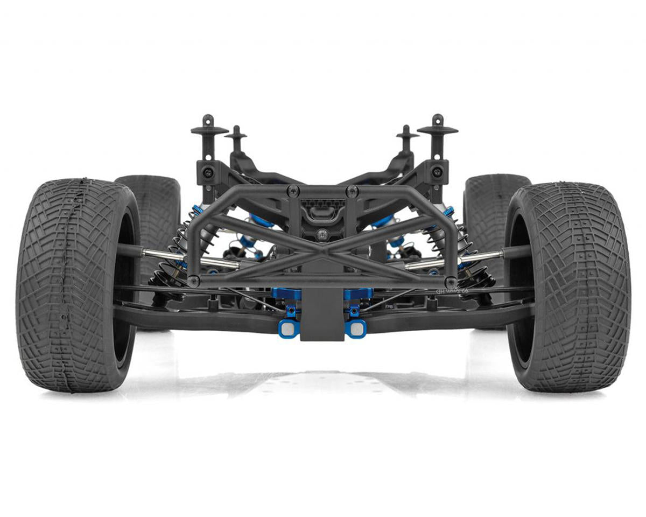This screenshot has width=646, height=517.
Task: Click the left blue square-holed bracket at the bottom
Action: (288, 327)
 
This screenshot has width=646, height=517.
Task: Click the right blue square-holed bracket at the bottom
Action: (356, 327)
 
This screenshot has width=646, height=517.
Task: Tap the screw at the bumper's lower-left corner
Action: (194, 281)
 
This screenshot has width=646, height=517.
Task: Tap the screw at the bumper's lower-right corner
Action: (451, 281)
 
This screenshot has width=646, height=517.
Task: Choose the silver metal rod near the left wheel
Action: (161, 255)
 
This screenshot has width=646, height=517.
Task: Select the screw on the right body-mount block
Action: (438, 172)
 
